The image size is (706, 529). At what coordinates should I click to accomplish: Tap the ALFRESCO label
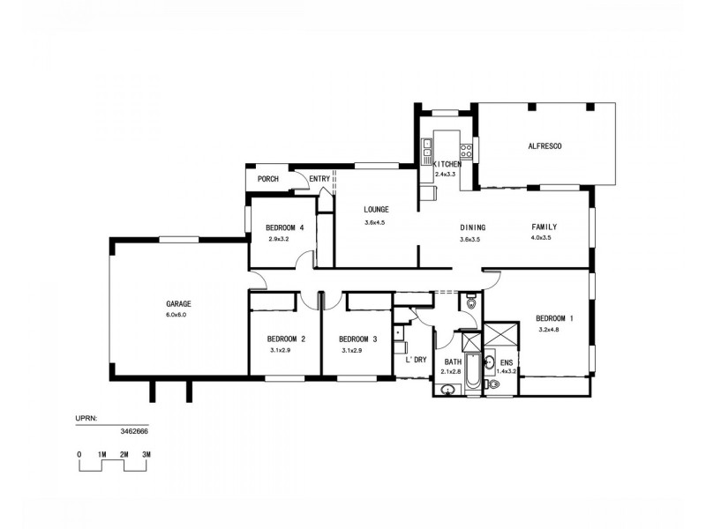pos(545,145)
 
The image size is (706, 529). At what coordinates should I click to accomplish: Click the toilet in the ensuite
pos(493,384)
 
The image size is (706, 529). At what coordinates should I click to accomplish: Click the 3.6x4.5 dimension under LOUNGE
pos(376,223)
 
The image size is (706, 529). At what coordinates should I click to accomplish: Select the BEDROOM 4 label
pos(284,227)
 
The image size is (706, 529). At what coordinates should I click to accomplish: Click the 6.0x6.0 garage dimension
pos(176,315)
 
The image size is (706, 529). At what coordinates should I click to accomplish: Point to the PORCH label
pos(267,179)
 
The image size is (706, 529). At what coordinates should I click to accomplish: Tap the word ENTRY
pos(319,179)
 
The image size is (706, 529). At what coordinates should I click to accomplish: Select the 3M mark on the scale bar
pos(146,454)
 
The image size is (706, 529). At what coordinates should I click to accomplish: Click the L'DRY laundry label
pos(416,360)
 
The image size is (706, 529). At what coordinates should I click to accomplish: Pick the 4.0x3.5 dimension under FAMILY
pos(541,238)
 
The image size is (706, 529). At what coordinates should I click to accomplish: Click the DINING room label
pos(473,227)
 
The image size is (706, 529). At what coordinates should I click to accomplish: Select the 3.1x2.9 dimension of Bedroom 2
pos(282,351)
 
